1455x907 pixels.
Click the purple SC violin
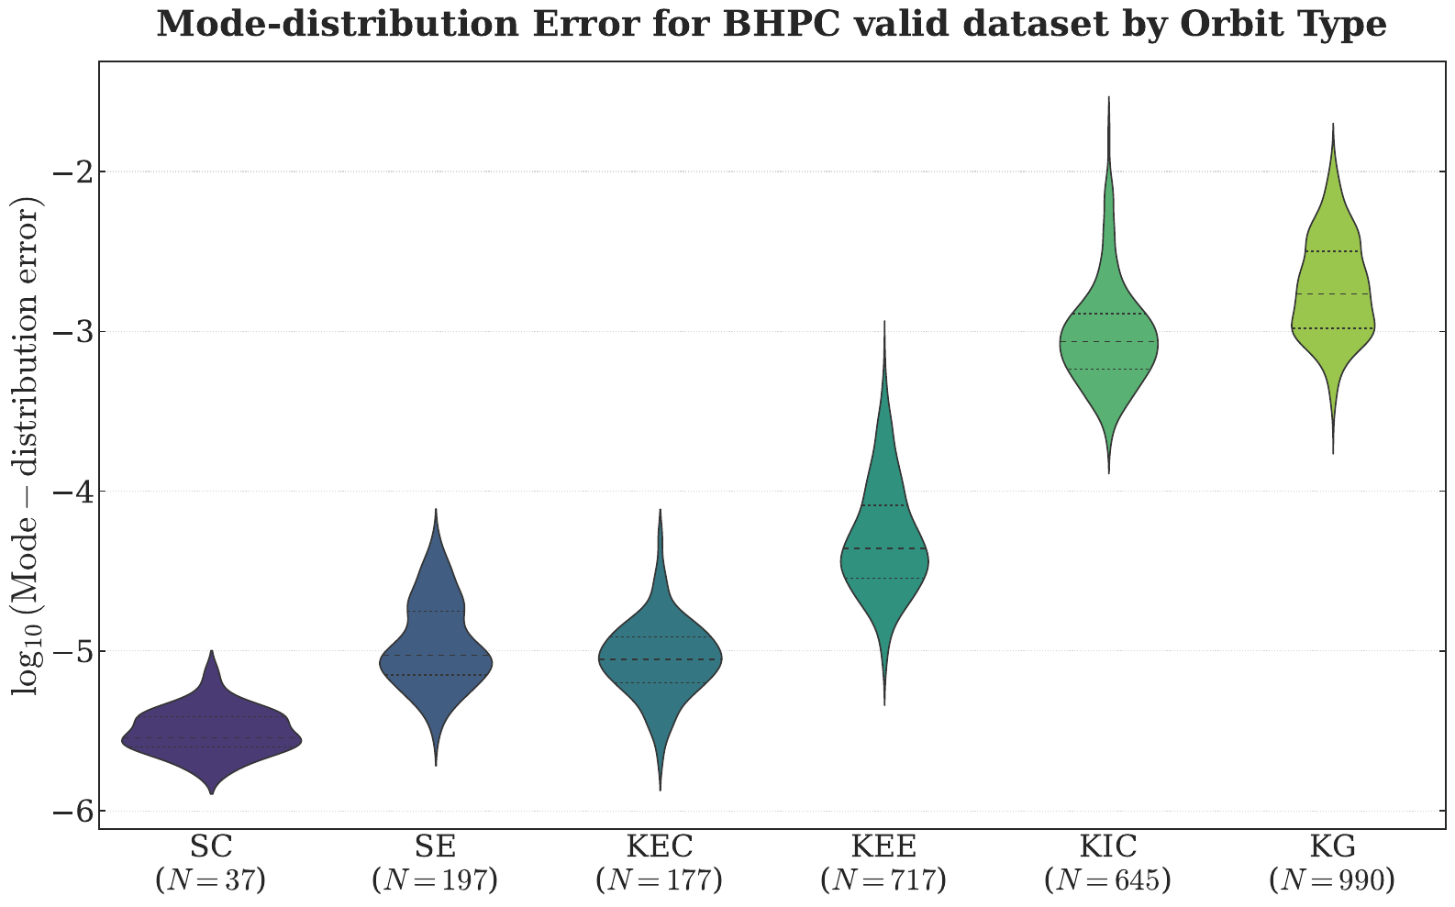point(211,734)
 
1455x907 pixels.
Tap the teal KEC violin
point(660,660)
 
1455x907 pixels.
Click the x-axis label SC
point(211,847)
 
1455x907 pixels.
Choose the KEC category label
point(660,847)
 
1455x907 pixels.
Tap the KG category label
point(1332,847)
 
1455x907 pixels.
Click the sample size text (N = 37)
point(211,881)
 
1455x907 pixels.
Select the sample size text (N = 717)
point(884,881)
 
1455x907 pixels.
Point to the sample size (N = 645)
point(1108,881)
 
